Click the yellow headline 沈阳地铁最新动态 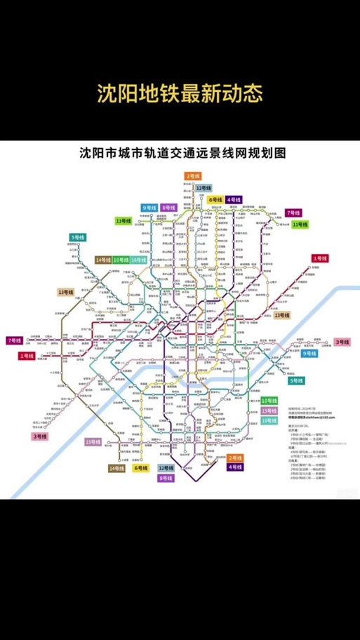(180, 94)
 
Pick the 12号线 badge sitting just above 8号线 (166, 467)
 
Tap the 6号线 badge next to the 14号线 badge (140, 468)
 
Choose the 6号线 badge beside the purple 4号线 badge (215, 200)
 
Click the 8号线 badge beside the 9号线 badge (168, 208)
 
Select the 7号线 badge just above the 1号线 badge (13, 340)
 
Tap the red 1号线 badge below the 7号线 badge (26, 356)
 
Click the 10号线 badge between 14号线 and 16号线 (121, 260)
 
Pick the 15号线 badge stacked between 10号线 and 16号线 (269, 411)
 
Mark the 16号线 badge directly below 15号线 (269, 420)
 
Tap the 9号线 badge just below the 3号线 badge (309, 354)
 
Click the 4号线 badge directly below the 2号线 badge (234, 467)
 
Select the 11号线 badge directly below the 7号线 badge (300, 224)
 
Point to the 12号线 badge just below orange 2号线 (204, 188)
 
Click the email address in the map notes (302, 417)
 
